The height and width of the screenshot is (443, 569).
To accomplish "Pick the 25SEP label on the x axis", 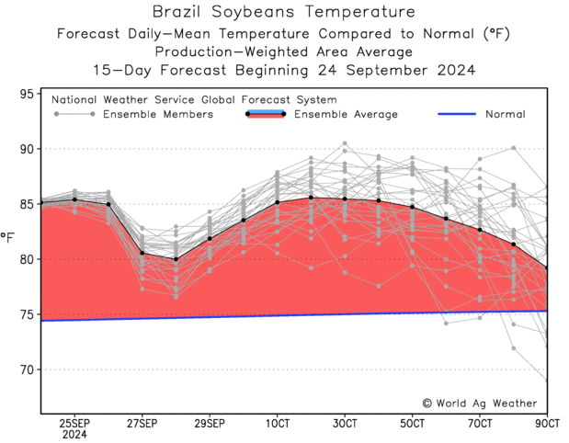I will click(74, 423).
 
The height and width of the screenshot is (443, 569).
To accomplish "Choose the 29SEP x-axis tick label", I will click(210, 423).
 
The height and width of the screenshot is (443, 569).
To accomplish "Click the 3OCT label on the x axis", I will click(345, 423).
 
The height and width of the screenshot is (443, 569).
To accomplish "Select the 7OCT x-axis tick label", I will click(480, 423).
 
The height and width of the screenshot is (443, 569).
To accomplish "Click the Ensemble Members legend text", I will click(157, 115).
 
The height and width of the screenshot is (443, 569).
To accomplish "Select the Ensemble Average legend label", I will click(346, 115).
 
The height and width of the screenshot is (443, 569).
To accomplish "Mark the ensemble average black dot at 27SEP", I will click(142, 253).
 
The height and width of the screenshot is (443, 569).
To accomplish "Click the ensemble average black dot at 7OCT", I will click(480, 229).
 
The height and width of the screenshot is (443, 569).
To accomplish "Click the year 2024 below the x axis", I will click(74, 435).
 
